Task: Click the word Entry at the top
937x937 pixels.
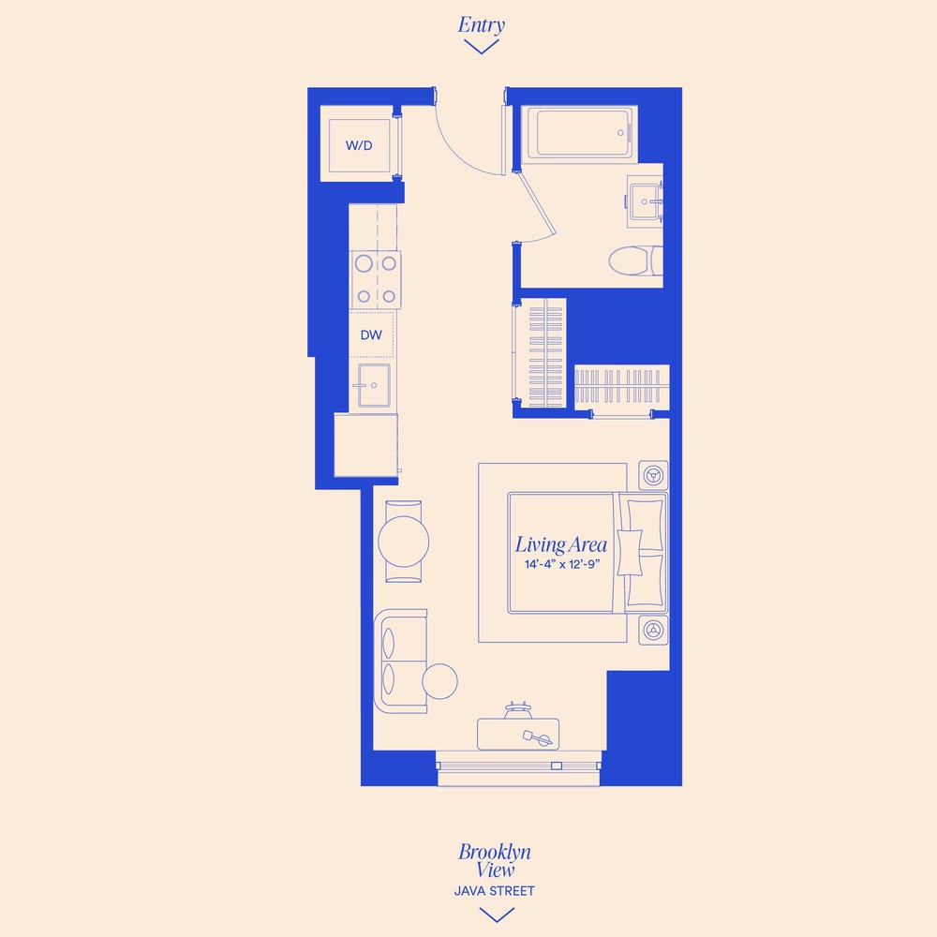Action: click(x=481, y=24)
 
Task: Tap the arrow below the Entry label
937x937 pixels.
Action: click(x=481, y=47)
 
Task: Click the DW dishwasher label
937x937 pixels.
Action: click(x=371, y=334)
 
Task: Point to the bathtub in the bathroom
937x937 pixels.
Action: click(x=581, y=133)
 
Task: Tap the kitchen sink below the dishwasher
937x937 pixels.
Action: click(x=373, y=384)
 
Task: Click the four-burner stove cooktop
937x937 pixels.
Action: click(x=376, y=279)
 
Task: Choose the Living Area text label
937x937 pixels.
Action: click(x=561, y=544)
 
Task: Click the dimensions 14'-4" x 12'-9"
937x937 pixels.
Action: click(x=561, y=565)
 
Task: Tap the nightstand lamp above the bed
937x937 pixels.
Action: click(x=653, y=476)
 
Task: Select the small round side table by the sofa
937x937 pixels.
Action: click(x=439, y=679)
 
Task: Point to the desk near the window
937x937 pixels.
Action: click(x=518, y=734)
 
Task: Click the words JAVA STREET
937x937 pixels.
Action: click(x=495, y=891)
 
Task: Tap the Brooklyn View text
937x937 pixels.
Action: click(x=495, y=860)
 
